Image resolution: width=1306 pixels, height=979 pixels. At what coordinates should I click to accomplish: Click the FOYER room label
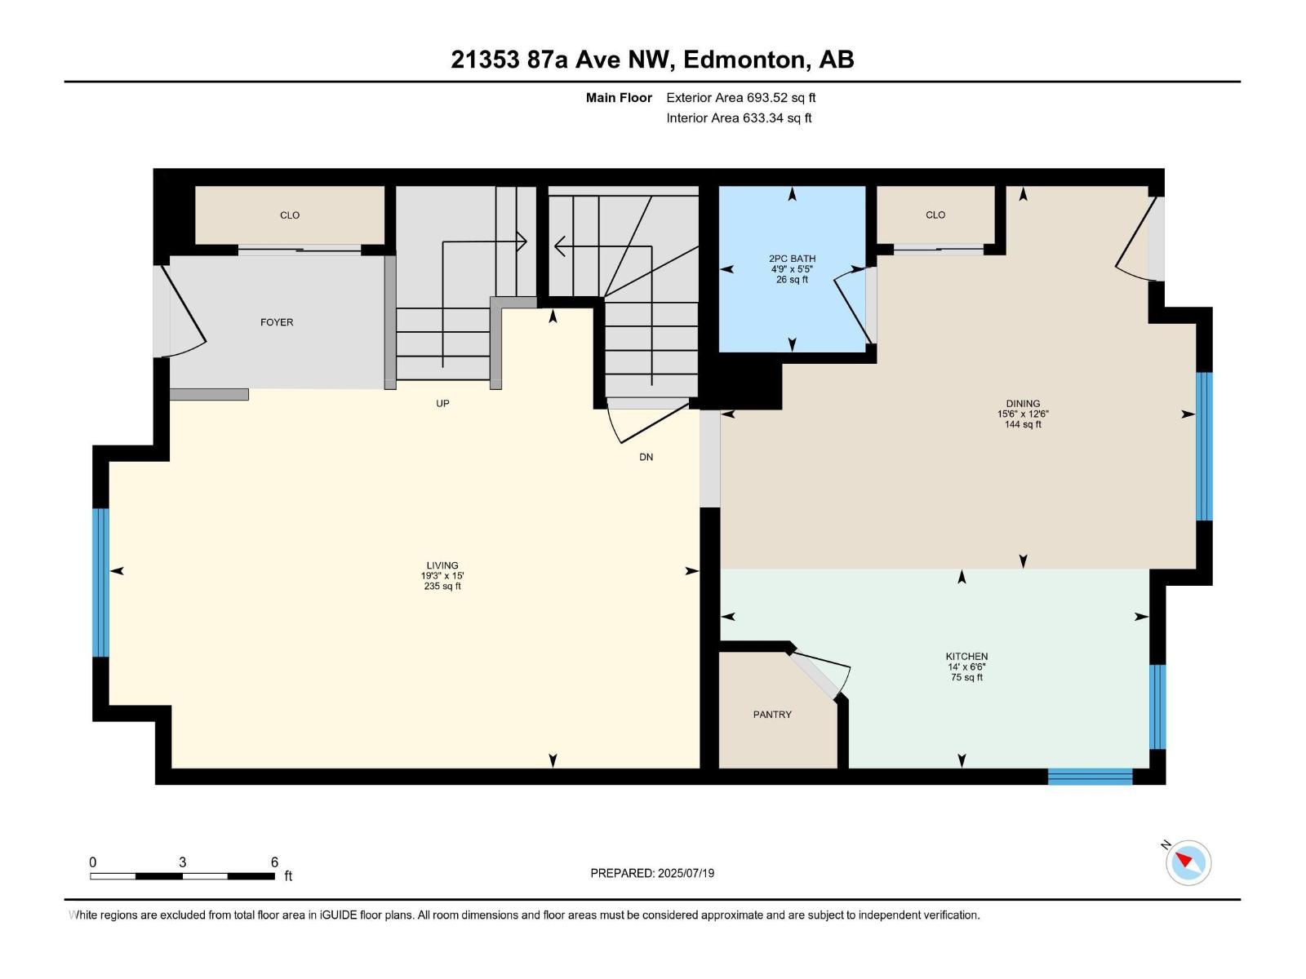(x=277, y=322)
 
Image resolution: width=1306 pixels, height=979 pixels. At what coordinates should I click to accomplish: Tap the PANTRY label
(x=772, y=715)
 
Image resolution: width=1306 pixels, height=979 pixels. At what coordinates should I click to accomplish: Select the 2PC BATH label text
(x=792, y=259)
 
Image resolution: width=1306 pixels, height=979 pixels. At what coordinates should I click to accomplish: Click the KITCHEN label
(x=966, y=656)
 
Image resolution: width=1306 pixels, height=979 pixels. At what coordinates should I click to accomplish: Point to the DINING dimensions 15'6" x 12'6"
(x=1023, y=414)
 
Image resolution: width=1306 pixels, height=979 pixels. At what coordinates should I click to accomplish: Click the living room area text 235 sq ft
(x=442, y=586)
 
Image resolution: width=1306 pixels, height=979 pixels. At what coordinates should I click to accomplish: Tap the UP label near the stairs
(x=442, y=403)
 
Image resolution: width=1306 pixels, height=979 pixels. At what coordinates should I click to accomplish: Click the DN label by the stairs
(x=646, y=457)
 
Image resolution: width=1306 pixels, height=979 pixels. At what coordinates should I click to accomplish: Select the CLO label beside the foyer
(x=290, y=215)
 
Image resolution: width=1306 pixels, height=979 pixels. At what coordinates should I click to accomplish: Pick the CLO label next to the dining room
(x=935, y=215)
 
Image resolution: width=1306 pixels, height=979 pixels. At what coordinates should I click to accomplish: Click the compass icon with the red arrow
(x=1188, y=862)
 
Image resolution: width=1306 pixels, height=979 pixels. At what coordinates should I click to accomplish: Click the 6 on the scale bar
(x=274, y=862)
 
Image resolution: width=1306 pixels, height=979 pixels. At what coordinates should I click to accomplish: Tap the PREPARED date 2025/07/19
(x=652, y=873)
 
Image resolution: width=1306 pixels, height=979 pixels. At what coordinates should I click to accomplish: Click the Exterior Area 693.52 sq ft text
(x=740, y=98)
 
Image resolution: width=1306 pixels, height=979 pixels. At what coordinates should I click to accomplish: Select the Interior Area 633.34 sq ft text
(x=739, y=118)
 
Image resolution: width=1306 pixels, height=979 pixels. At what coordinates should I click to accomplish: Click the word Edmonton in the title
(x=744, y=60)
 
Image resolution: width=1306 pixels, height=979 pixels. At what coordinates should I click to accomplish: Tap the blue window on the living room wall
(x=100, y=583)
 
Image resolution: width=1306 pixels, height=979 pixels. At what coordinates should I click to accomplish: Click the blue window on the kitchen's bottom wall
(x=1090, y=776)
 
